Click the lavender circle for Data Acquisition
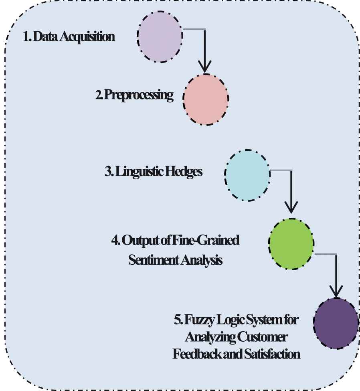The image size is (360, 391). (x=160, y=36)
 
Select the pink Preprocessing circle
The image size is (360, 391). (x=206, y=99)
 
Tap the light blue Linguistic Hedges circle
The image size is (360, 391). (x=247, y=175)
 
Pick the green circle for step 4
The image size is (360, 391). (x=291, y=244)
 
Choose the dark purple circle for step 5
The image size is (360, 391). (x=336, y=323)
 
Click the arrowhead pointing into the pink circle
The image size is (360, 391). (x=205, y=66)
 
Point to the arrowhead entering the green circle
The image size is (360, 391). (x=291, y=207)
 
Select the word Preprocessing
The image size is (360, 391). (x=139, y=95)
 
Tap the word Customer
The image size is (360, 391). (x=262, y=337)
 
